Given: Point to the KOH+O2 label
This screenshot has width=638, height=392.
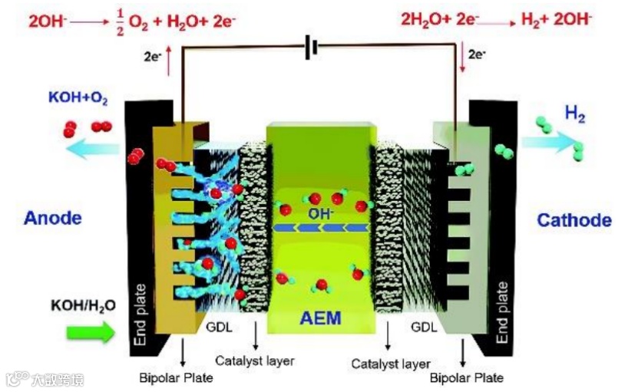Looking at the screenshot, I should click(x=78, y=98).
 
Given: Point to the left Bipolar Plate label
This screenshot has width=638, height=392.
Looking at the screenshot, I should click(x=176, y=377).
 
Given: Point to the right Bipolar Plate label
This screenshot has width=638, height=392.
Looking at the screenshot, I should click(x=467, y=377).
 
